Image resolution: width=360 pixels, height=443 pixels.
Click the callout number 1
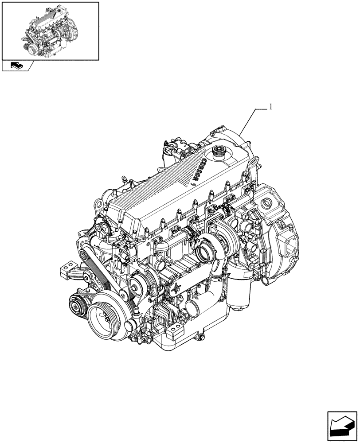[270, 107]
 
